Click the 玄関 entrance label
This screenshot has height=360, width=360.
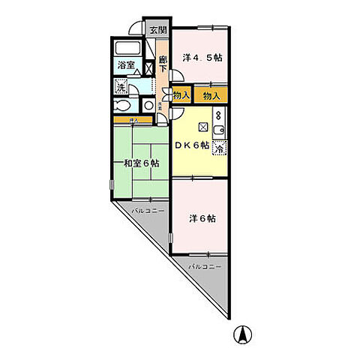tap(157, 31)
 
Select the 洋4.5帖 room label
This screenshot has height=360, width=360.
tap(204, 57)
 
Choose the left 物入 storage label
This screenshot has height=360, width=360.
tap(181, 95)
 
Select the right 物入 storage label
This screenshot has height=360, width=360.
tap(211, 95)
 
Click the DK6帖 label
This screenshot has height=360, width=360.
tap(192, 145)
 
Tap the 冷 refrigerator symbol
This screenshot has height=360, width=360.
tap(219, 149)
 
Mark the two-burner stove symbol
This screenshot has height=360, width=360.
tap(218, 116)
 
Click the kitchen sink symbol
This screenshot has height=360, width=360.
tap(218, 133)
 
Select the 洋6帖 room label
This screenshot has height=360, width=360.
tap(202, 218)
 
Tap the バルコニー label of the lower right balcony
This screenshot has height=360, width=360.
tap(203, 266)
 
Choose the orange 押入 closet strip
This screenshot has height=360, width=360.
tap(131, 119)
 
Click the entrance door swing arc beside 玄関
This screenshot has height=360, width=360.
tap(135, 28)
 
